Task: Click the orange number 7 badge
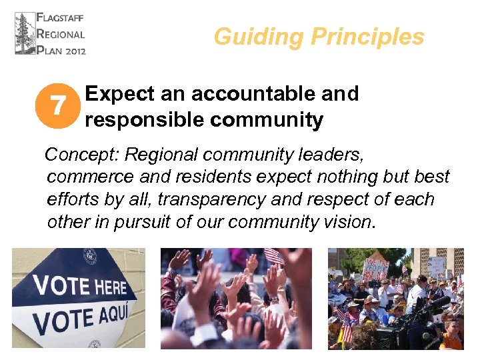[59, 106]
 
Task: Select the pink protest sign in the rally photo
[377, 267]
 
